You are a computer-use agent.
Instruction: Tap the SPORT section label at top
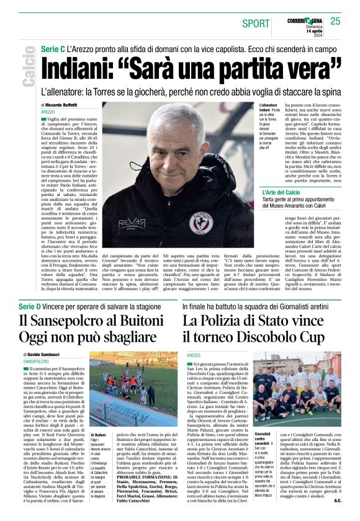(x=256, y=24)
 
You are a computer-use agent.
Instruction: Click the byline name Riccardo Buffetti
(x=71, y=106)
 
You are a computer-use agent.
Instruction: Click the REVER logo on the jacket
(x=132, y=223)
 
